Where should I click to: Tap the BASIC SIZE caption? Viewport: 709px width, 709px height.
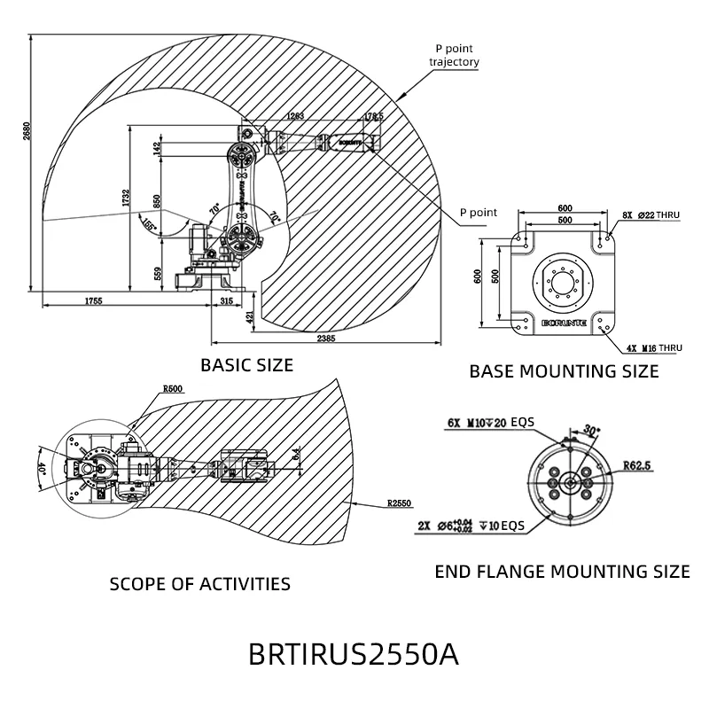(246, 364)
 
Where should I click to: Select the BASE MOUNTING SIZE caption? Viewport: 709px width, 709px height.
(564, 371)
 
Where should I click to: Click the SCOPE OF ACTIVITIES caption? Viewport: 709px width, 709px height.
(199, 584)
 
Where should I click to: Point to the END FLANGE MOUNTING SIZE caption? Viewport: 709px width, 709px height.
(562, 572)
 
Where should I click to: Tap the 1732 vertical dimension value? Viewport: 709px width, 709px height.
(127, 193)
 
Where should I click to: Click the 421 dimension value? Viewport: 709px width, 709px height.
(251, 316)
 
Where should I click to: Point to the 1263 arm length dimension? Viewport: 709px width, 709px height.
(295, 116)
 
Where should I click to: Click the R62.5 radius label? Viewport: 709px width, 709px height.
(636, 464)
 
